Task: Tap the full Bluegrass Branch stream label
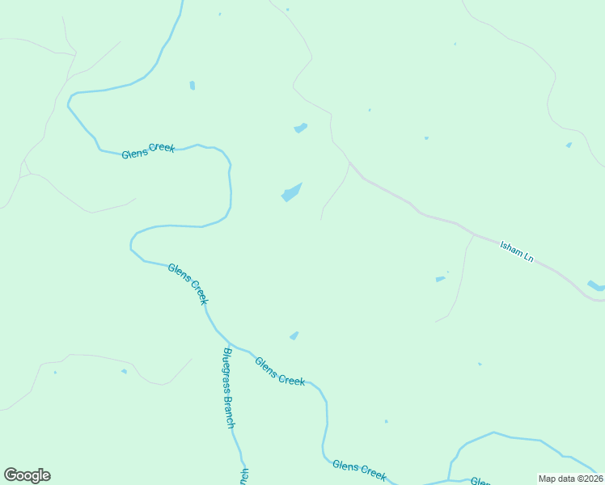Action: pyautogui.click(x=230, y=388)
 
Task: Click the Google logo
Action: pyautogui.click(x=27, y=475)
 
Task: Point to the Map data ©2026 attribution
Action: pyautogui.click(x=571, y=479)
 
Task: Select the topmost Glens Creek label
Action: pyautogui.click(x=148, y=150)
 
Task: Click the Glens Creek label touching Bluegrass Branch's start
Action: pyautogui.click(x=280, y=371)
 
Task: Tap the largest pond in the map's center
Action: pyautogui.click(x=291, y=192)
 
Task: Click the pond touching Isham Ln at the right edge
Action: pyautogui.click(x=596, y=285)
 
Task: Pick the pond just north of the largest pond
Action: pyautogui.click(x=300, y=128)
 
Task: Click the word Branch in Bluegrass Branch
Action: pyautogui.click(x=231, y=411)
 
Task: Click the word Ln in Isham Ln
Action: pyautogui.click(x=529, y=257)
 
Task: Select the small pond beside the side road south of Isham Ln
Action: pyautogui.click(x=440, y=279)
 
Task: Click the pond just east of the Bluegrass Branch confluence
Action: pyautogui.click(x=294, y=335)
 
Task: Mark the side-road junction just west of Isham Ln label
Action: pyautogui.click(x=473, y=235)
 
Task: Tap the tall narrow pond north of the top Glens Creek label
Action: pyautogui.click(x=192, y=85)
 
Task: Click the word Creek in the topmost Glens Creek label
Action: pyautogui.click(x=162, y=148)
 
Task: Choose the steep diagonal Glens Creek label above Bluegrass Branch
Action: pyautogui.click(x=188, y=284)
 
